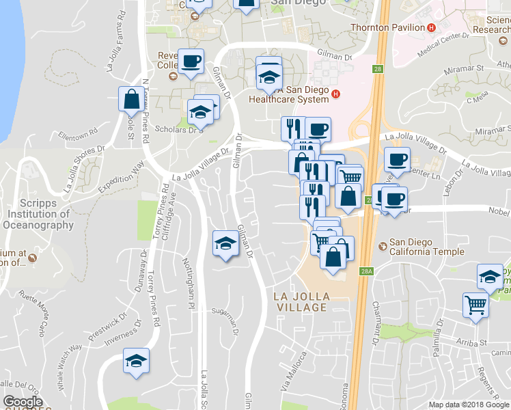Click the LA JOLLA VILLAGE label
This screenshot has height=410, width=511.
click(301, 301)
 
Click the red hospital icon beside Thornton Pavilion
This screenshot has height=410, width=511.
click(431, 27)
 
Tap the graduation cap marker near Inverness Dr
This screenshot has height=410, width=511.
click(136, 360)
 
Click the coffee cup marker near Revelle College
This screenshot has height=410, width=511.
click(190, 61)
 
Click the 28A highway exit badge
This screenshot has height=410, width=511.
click(367, 271)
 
